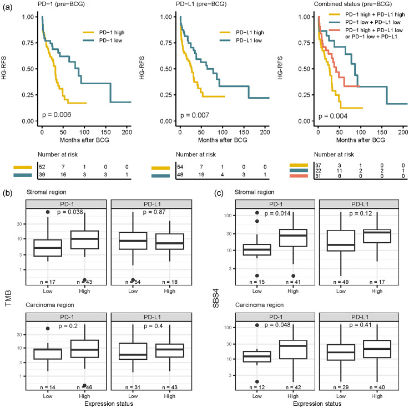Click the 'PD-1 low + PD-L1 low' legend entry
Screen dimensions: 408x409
pos(361,22)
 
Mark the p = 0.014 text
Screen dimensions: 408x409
pos(280,212)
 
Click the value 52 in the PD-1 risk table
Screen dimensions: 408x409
pos(42,166)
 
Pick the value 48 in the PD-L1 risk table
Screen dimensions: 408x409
pos(181,175)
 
